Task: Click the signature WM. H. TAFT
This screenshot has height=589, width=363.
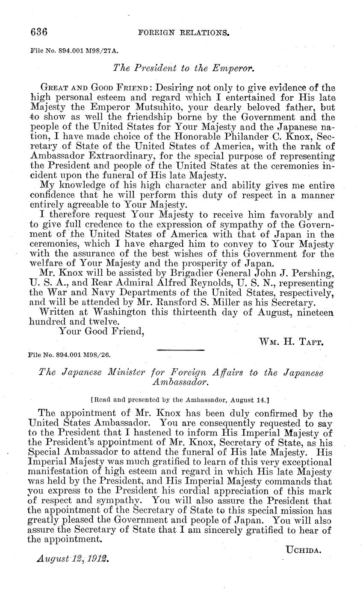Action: click(290, 341)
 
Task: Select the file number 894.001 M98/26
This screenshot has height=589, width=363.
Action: click(71, 354)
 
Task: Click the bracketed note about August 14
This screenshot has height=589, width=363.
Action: click(180, 399)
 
